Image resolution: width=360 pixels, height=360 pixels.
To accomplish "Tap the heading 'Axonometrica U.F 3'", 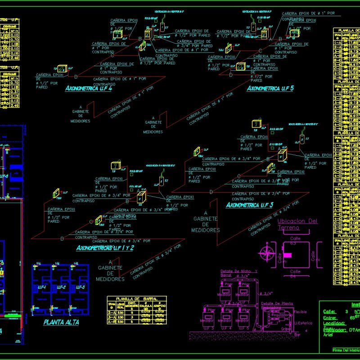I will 249,205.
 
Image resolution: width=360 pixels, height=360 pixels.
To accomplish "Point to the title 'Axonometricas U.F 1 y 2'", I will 105,248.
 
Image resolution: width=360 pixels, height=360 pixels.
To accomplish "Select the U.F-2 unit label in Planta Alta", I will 62,287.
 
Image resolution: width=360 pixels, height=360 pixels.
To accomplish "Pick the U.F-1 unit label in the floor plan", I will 43,287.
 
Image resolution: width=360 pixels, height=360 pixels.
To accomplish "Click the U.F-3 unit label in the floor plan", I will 81,287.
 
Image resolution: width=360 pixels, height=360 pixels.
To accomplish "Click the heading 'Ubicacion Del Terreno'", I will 297,224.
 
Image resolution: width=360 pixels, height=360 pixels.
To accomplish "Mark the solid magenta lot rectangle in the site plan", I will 288,256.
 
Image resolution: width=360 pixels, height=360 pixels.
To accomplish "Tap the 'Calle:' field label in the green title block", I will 330,311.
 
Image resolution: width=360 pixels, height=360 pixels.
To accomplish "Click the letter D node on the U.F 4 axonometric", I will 76,77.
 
